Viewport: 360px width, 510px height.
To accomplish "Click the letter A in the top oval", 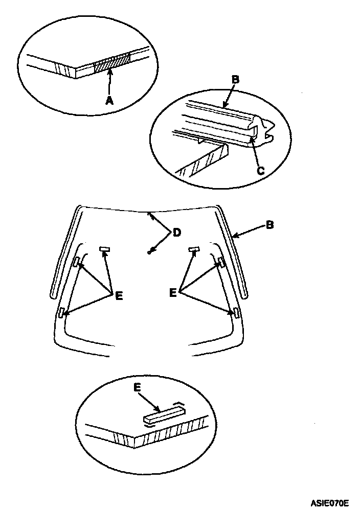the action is click(109, 101).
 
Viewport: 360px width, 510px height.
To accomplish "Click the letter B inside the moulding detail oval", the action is click(235, 80).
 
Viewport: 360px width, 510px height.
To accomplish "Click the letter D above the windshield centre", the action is click(176, 233).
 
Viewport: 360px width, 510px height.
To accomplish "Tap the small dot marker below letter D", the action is click(149, 251).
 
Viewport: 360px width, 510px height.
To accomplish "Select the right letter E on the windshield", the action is click(173, 293).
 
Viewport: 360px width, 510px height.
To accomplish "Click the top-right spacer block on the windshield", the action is click(193, 250).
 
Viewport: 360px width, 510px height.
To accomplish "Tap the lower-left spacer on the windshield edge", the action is click(61, 313).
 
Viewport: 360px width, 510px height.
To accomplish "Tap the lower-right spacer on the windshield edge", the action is click(236, 313).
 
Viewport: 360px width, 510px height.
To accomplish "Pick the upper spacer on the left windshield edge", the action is click(77, 262).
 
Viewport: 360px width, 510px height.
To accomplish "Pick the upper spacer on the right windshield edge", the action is click(221, 262).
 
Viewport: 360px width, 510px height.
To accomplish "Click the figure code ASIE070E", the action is click(329, 502).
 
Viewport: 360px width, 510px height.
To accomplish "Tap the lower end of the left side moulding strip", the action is click(53, 295).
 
